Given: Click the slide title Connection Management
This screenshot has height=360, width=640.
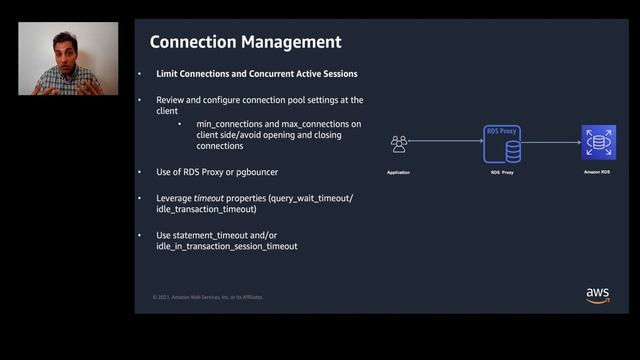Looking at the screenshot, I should (245, 42).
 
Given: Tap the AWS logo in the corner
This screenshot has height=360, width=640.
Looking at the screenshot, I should (598, 295).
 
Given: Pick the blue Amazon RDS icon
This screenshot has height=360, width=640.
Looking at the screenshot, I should (598, 142).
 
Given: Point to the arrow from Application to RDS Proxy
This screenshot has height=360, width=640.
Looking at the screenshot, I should (445, 142).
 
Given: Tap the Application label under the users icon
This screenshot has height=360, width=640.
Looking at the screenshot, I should (399, 173).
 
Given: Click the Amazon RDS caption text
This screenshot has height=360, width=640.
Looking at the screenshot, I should (598, 172).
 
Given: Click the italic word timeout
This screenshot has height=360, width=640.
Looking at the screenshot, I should (208, 198).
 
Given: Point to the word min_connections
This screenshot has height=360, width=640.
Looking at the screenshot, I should (213, 123).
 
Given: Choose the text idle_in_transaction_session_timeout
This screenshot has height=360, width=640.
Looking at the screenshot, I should (227, 246).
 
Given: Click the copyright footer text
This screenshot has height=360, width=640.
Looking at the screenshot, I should (208, 297).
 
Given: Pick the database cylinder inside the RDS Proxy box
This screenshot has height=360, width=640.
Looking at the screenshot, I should (513, 150).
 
